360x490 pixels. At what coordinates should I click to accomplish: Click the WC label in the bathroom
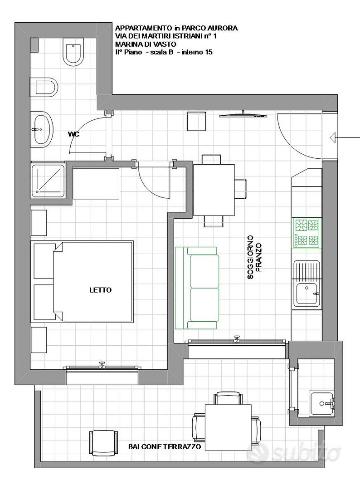click(74, 134)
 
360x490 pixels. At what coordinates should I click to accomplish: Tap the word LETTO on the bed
click(101, 290)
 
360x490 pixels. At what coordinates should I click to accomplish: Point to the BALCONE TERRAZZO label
click(165, 446)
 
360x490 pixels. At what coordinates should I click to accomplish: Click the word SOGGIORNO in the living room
click(250, 257)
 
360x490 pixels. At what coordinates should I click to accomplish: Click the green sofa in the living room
click(197, 288)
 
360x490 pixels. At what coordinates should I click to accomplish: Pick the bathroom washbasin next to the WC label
click(42, 129)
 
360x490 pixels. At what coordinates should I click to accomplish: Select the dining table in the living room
click(214, 190)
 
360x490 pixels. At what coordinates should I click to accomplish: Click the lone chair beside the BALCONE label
click(104, 442)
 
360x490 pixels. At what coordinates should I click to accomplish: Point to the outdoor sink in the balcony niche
click(322, 403)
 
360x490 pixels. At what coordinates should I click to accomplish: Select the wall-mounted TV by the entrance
click(243, 114)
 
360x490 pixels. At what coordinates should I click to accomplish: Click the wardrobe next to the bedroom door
click(96, 183)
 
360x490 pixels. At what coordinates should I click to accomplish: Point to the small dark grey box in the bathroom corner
click(34, 45)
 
